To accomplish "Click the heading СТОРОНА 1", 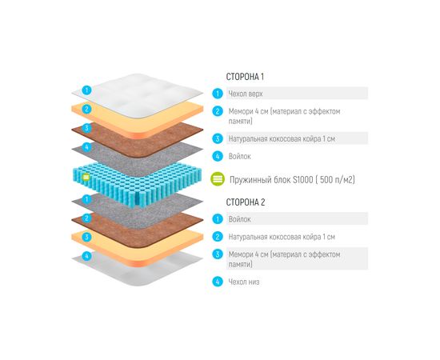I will pos(245,77).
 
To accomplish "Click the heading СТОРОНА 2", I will pos(245,202).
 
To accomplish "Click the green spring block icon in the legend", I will pos(216,179).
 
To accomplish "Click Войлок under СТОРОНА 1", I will pos(240,157).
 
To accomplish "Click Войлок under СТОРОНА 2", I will pos(240,218).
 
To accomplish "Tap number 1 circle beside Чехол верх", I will pos(217,94).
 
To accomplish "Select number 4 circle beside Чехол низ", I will pos(217,282).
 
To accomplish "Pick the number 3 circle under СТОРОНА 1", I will pos(217,138).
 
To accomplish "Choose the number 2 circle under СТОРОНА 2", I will pos(217,237).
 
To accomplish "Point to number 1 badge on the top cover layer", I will pos(86,90).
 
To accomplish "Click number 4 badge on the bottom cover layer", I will pos(86,257).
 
